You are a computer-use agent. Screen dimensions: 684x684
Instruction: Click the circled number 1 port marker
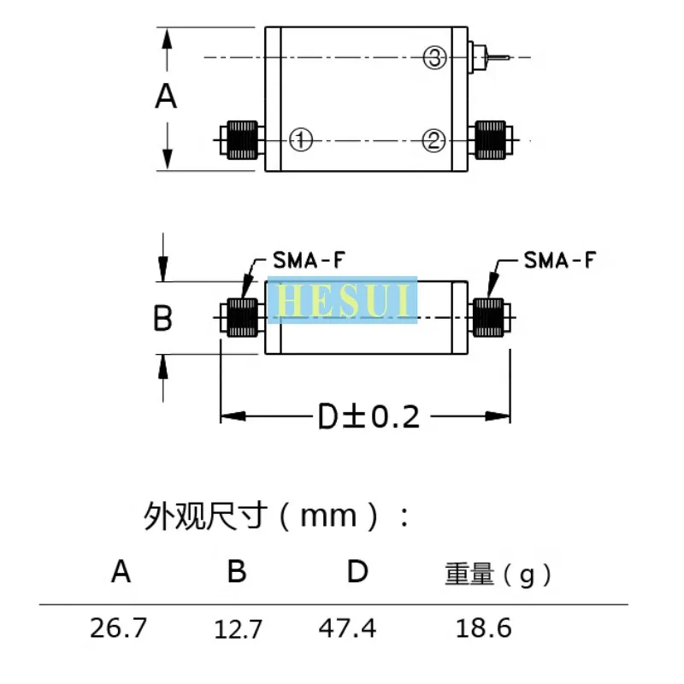click(x=301, y=139)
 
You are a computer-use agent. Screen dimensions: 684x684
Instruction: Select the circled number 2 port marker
click(x=434, y=139)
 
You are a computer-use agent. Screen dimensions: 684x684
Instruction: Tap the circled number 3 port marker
click(x=434, y=58)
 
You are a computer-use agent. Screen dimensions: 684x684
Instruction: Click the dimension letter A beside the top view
click(x=166, y=97)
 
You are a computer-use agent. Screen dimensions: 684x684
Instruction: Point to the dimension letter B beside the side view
click(x=162, y=320)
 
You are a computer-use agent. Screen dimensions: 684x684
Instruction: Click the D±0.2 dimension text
click(x=369, y=417)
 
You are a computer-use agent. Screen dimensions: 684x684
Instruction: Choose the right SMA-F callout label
click(x=559, y=260)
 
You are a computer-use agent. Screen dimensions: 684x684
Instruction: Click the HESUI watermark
click(x=342, y=300)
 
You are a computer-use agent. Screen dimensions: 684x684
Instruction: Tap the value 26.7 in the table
click(x=119, y=628)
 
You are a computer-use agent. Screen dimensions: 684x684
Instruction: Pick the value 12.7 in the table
click(x=238, y=630)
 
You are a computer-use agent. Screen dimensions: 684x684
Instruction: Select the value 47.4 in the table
click(x=347, y=628)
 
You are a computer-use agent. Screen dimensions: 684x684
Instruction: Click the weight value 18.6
click(x=484, y=628)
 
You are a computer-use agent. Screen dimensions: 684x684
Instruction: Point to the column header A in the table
click(x=121, y=571)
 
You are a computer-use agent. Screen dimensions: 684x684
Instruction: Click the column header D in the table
click(x=357, y=571)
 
